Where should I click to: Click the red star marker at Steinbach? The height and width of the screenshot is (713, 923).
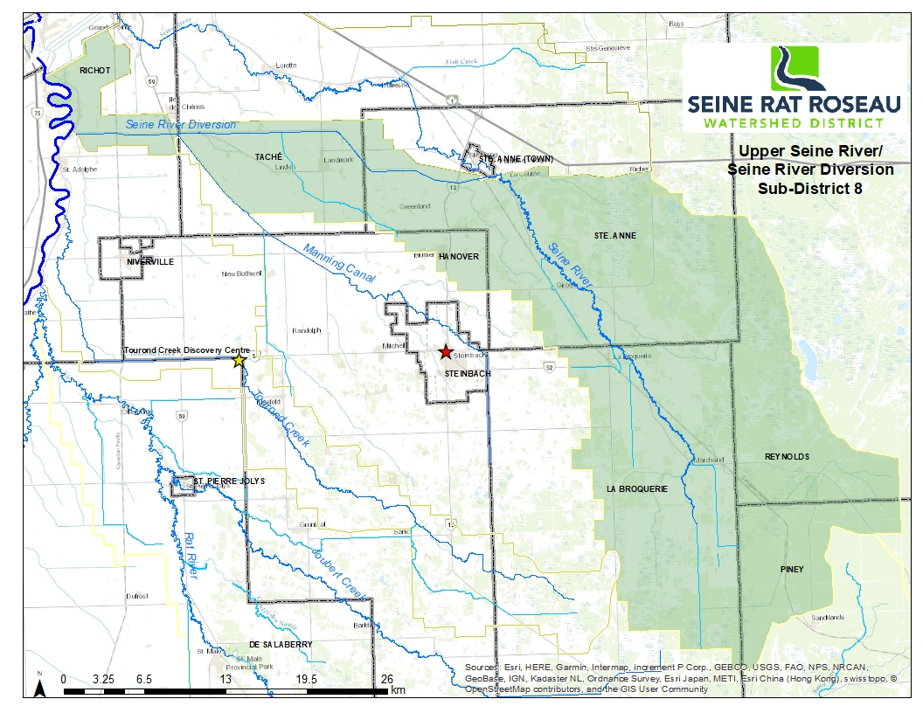coord(446,351)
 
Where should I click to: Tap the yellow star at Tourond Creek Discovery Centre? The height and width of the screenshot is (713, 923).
coord(239,360)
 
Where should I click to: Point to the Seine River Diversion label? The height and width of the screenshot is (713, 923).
coord(181,125)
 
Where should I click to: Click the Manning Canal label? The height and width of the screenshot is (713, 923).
coord(339,263)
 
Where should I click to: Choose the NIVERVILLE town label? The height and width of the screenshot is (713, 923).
coord(150,261)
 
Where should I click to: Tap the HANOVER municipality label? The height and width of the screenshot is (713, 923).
coord(458,257)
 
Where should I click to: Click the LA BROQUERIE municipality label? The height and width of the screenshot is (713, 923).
coord(636,489)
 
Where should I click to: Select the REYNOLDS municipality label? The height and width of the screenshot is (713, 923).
coord(787,457)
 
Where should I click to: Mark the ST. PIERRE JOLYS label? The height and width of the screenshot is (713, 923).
coord(229,481)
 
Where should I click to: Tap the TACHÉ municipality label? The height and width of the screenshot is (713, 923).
coord(268,156)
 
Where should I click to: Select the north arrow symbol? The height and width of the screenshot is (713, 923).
coord(40,688)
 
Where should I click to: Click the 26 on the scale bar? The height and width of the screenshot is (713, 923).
coord(387,678)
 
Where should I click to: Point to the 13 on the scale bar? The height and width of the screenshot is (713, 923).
coord(226,678)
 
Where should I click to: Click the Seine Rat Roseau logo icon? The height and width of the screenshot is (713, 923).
coord(797,70)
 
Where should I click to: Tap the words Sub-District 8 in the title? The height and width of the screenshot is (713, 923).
coord(810,186)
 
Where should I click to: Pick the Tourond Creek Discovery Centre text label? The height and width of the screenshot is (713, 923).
coord(187,350)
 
